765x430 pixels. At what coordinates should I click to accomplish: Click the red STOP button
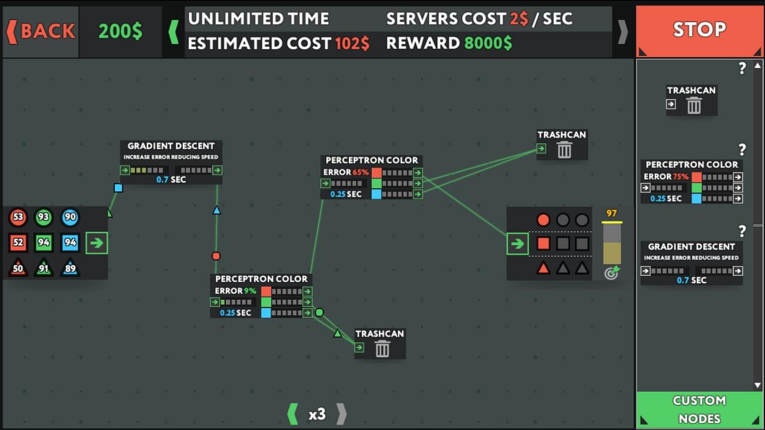(x=699, y=30)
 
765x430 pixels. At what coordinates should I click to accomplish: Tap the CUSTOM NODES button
(x=699, y=410)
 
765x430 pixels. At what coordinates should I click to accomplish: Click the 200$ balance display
(x=120, y=32)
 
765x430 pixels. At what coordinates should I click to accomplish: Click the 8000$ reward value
(x=488, y=43)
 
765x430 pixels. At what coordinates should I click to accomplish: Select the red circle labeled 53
(x=18, y=217)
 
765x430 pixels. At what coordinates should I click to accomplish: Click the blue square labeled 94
(x=70, y=242)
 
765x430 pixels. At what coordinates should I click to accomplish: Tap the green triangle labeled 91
(x=44, y=268)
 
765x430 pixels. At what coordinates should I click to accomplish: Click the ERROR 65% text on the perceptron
(x=346, y=172)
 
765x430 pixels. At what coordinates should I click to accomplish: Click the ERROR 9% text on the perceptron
(x=235, y=291)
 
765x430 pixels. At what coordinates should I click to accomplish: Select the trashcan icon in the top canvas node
(x=564, y=150)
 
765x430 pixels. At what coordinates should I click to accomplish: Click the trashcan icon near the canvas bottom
(x=382, y=349)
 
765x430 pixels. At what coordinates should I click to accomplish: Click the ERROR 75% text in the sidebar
(x=666, y=177)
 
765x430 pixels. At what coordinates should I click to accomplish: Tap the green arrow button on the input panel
(x=97, y=243)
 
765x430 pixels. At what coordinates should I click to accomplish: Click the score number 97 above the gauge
(x=611, y=213)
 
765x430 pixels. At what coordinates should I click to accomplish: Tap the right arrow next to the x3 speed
(x=341, y=414)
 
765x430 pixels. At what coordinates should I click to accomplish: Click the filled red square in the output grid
(x=543, y=244)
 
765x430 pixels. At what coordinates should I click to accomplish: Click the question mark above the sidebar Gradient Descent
(x=742, y=231)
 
